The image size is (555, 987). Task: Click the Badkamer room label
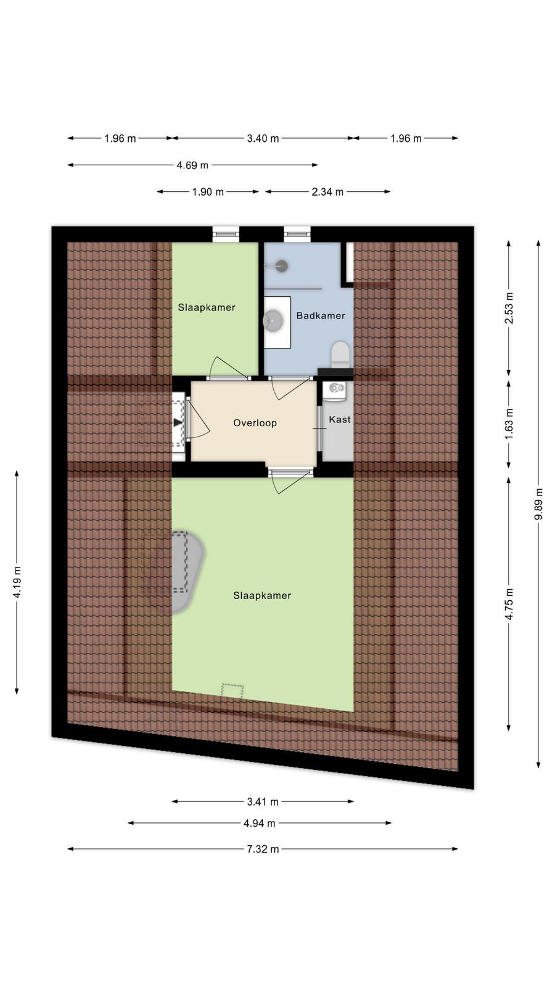click(320, 315)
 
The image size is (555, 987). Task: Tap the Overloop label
click(255, 423)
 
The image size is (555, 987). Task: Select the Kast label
click(340, 419)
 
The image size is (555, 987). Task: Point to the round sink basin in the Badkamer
click(274, 320)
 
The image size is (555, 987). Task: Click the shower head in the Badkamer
click(281, 266)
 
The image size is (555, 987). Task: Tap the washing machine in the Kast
click(335, 390)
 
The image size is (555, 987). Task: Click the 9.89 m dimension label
click(539, 504)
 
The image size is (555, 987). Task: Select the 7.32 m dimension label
click(263, 849)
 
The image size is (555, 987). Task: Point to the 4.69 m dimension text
click(192, 165)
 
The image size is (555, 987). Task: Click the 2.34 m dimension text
click(327, 192)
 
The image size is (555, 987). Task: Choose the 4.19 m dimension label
click(17, 582)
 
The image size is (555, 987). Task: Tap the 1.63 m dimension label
click(509, 424)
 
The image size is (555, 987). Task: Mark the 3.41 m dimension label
click(263, 801)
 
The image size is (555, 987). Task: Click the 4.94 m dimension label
click(260, 823)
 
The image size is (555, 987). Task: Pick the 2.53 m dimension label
click(509, 308)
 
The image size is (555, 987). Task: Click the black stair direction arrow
click(178, 423)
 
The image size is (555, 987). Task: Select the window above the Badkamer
click(297, 234)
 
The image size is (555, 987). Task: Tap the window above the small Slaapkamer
click(226, 234)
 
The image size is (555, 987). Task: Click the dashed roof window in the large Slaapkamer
click(232, 690)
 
